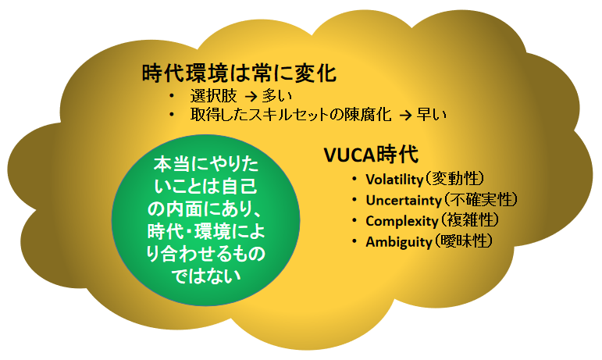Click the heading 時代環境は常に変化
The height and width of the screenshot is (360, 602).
pos(239,73)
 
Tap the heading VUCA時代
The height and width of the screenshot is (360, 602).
pos(371,155)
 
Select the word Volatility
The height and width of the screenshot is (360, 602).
pos(394,180)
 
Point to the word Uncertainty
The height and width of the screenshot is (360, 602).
pos(404,201)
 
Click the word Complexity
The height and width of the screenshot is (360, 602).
pos(402,221)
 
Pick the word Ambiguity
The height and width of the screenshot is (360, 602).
pos(399,242)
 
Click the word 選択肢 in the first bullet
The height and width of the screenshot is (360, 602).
pos(213,96)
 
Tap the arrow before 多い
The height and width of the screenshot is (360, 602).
pos(251,96)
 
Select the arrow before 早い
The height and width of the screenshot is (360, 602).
pos(405,115)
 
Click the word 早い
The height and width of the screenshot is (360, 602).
pos(432,114)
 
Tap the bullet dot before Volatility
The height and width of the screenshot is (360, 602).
pos(354,179)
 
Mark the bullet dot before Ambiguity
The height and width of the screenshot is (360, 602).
pos(354,242)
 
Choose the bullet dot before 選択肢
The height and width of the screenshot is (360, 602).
pos(171,95)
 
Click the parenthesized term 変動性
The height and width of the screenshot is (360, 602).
pos(454,179)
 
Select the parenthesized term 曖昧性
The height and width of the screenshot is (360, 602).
pos(463,242)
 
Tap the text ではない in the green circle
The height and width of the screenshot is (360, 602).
pos(206,276)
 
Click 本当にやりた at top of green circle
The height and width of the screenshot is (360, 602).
pos(206,165)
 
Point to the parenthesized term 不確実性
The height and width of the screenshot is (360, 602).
pos(480,200)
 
